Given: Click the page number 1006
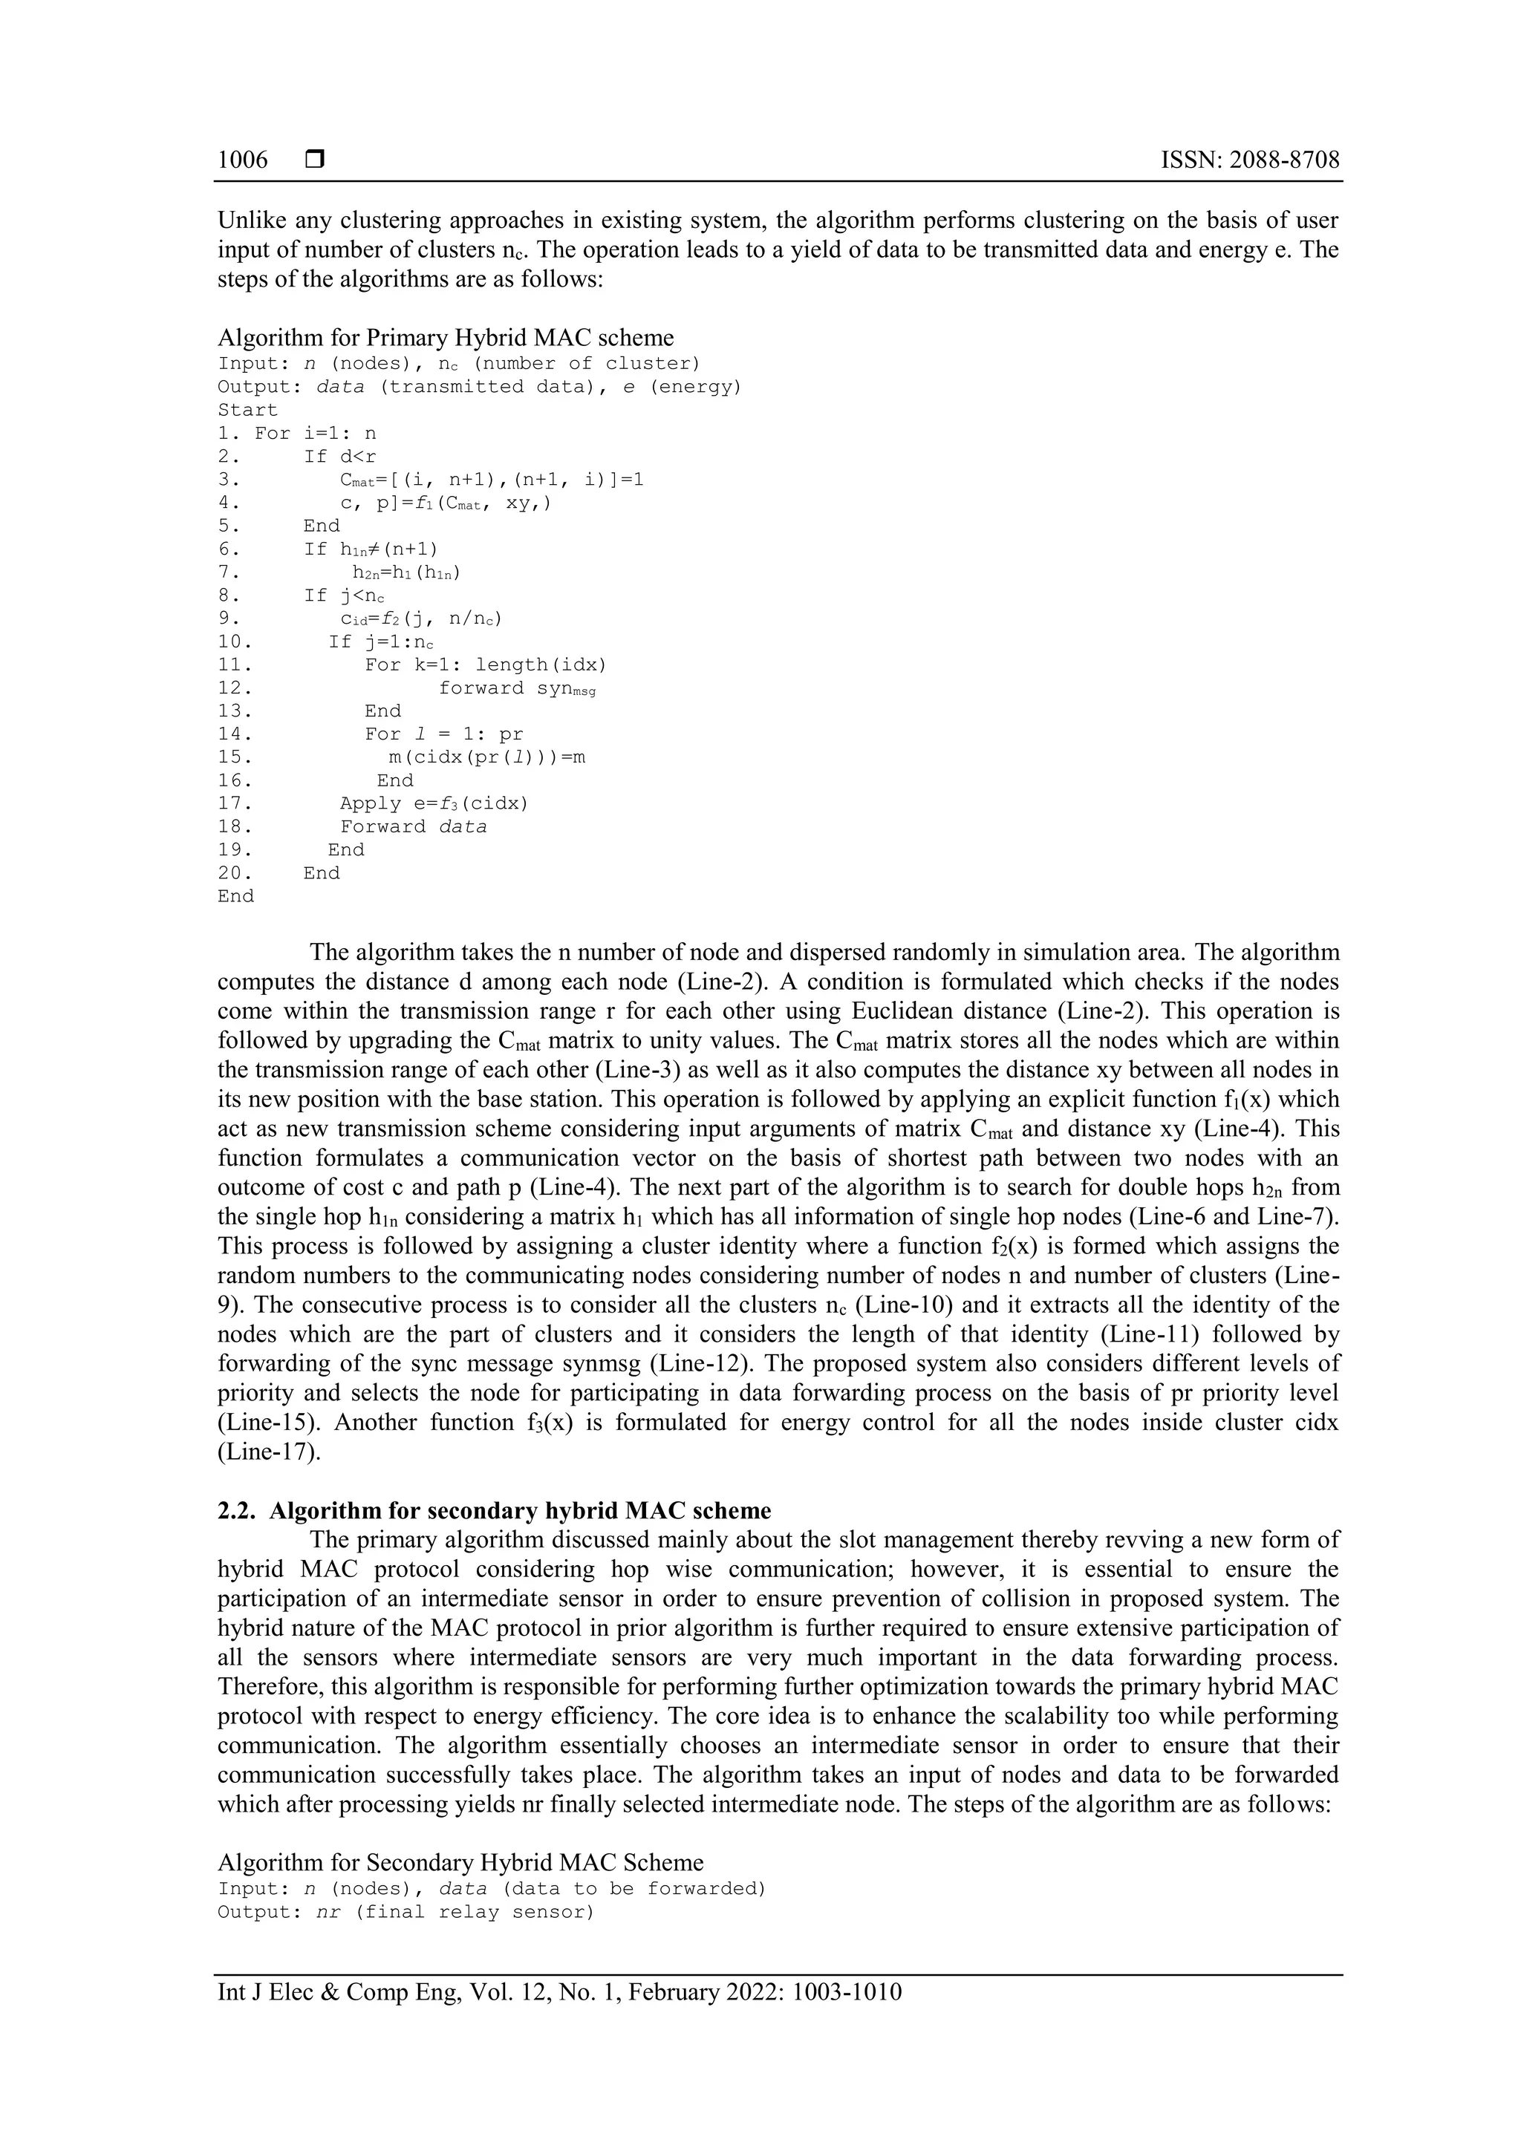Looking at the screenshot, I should coord(242,160).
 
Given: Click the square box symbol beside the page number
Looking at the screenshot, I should coord(315,160).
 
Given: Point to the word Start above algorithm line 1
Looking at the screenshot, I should coord(247,411).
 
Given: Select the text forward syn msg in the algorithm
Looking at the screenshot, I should coord(516,688).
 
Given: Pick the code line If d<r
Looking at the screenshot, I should coord(339,456).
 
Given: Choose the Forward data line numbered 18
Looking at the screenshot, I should coord(413,827).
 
